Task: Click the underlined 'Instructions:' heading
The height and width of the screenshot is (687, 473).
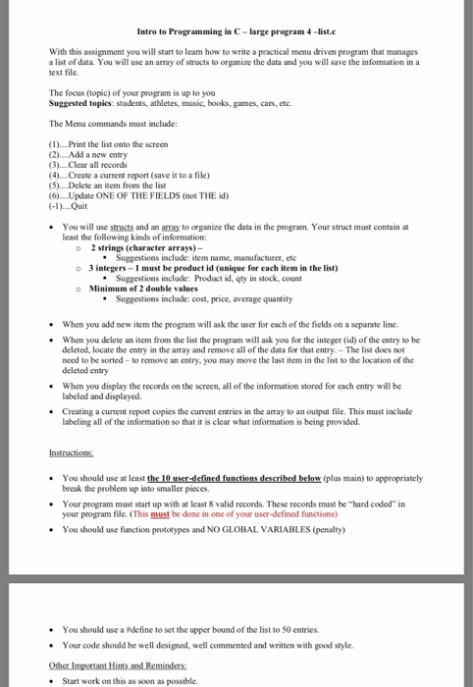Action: [68, 454]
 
